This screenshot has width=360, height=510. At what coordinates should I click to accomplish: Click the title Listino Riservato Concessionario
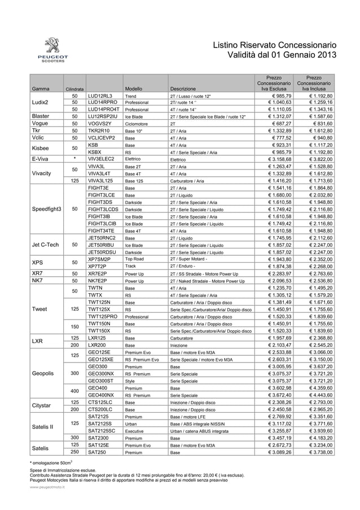click(274, 45)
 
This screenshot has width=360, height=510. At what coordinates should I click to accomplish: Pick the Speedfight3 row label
click(47, 208)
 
